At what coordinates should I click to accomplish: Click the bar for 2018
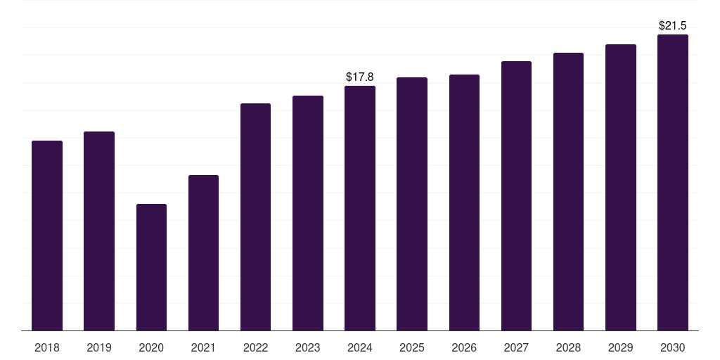[47, 236]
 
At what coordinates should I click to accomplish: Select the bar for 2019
[99, 231]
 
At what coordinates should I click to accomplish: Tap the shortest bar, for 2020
[152, 267]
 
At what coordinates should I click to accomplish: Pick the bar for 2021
[203, 253]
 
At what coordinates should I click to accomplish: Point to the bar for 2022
[255, 217]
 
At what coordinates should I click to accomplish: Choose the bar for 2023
[308, 213]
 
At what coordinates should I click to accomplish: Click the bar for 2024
[360, 208]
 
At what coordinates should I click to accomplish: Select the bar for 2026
[464, 202]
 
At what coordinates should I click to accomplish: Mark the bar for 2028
[568, 192]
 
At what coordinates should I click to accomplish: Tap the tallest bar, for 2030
[673, 183]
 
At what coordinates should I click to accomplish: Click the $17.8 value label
[359, 77]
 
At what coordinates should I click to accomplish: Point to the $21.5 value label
[673, 26]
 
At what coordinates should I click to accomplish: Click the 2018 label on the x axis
[47, 347]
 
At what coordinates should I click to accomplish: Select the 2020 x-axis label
[151, 347]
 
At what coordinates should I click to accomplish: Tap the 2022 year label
[255, 347]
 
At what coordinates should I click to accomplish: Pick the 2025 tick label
[412, 347]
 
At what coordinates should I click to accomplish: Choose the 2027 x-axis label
[516, 347]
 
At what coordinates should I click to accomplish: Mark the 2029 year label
[620, 347]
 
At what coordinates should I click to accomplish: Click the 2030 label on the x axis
[673, 347]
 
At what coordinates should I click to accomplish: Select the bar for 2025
[412, 204]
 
